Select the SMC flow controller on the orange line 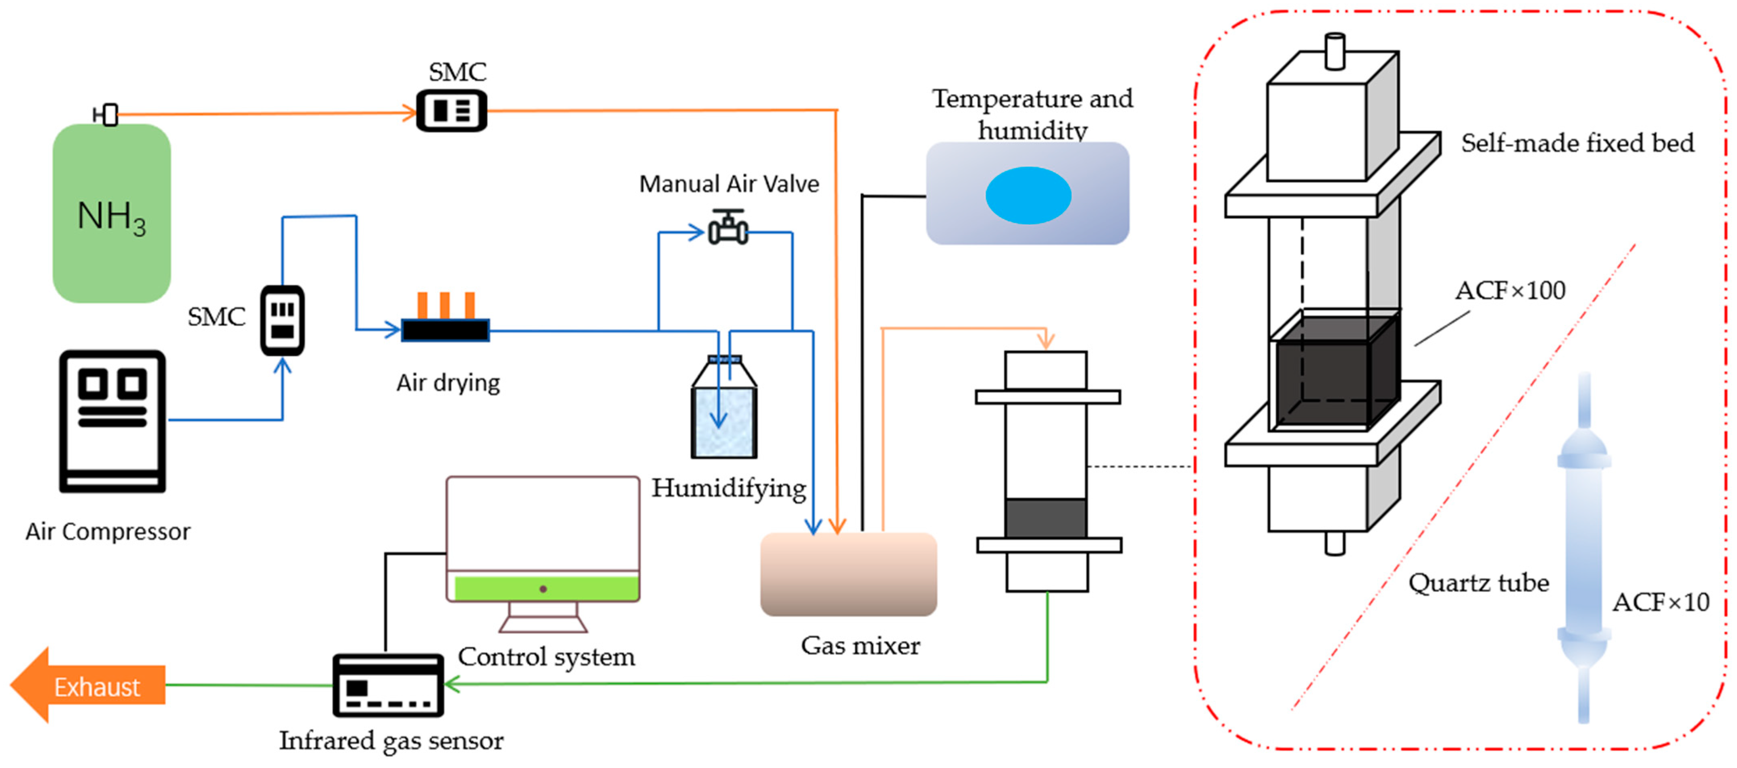451,110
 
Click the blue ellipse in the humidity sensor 1028,195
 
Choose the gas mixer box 848,574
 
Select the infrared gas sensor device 389,685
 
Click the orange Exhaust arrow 87,686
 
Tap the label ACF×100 1510,291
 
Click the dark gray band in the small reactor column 1045,518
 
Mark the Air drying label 448,383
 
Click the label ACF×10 1660,602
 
